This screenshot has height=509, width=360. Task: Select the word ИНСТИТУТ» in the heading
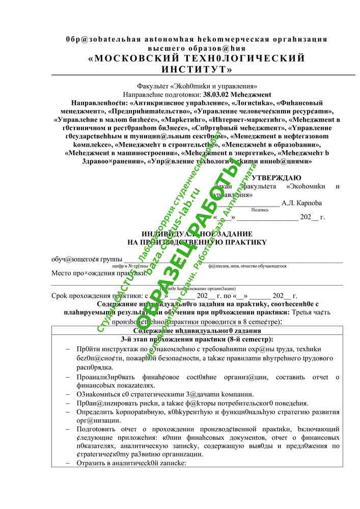point(197,69)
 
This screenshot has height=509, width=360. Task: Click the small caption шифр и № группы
point(130,266)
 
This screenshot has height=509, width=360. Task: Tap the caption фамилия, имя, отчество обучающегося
point(247,266)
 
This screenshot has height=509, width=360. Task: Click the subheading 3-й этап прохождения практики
point(197,339)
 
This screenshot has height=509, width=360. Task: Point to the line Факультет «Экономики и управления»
point(197,87)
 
